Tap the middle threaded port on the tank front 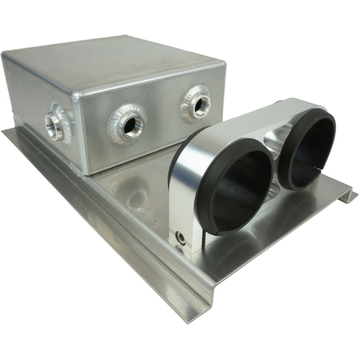pos(130,125)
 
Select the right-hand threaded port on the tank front pos(195,103)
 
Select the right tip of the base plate pos(353,193)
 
